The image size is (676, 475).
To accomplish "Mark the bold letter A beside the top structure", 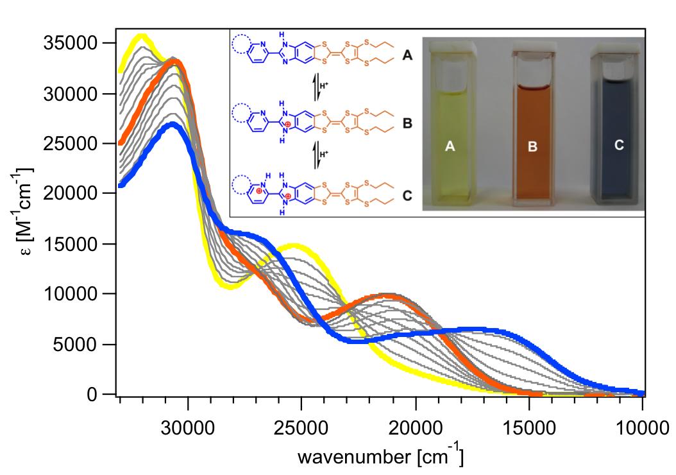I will tap(407, 56).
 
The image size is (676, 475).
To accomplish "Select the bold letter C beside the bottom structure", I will tap(407, 194).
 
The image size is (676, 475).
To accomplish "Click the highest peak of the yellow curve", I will tap(141, 37).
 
